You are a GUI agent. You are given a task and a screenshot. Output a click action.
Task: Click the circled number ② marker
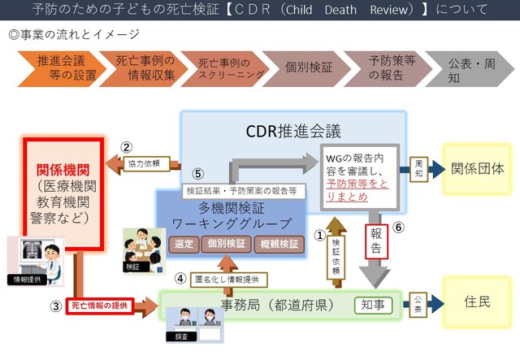tap(127, 148)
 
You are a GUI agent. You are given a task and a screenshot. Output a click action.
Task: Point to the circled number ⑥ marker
tap(397, 228)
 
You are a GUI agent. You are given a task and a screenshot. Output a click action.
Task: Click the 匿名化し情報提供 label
tap(229, 279)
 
